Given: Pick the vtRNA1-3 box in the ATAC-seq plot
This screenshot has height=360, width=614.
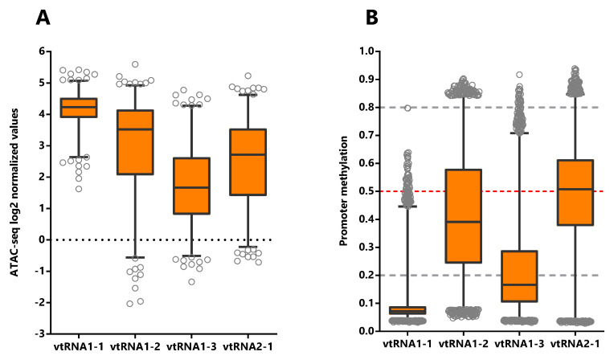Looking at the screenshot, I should coord(191,186).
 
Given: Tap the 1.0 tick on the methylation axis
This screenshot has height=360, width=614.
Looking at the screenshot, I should coord(372,51).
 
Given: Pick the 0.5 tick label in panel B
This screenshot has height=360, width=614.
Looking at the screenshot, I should coord(372,191).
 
